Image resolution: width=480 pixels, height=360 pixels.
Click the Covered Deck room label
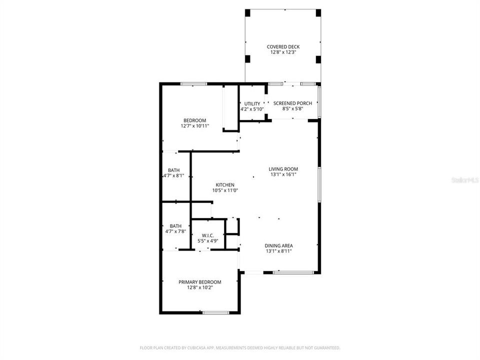point(283,46)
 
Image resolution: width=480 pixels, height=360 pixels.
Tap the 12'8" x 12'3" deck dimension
point(283,52)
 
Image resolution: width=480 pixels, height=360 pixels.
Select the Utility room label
point(252,103)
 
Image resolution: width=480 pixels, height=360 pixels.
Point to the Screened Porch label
point(292,103)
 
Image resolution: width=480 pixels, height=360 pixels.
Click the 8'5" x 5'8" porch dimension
point(292,108)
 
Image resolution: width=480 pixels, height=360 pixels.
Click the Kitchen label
point(225,184)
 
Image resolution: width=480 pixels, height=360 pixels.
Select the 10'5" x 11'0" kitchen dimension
point(225,190)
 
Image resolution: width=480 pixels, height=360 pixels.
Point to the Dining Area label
point(279,245)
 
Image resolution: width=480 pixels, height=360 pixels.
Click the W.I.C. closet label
point(208,235)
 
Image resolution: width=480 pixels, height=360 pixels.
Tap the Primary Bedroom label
point(200,282)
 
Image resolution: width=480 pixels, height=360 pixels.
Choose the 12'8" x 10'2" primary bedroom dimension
point(200,287)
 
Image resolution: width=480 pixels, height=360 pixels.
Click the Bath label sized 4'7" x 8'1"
point(174,170)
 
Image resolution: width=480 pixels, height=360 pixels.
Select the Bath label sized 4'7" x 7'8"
point(175,225)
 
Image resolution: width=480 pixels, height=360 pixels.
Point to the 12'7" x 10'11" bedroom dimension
point(194,126)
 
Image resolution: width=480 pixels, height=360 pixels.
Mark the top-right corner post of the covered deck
point(318,12)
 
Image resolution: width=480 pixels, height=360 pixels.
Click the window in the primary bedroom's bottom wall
point(216,312)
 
